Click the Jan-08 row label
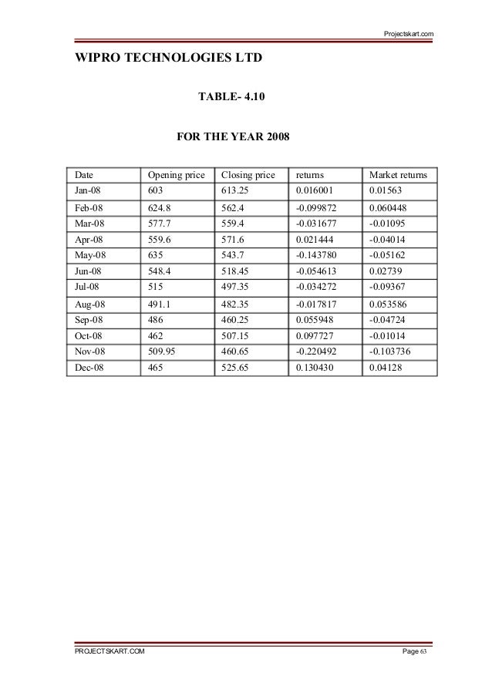[x=87, y=190]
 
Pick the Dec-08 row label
[x=88, y=370]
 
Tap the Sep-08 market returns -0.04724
[x=389, y=321]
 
